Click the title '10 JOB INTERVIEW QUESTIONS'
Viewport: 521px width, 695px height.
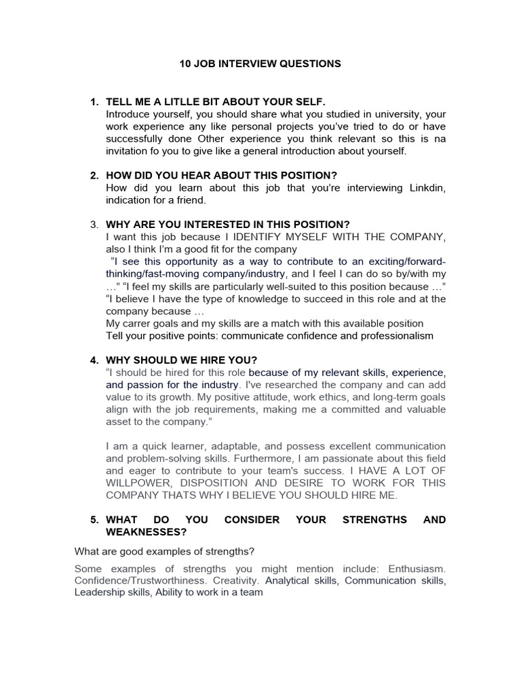click(260, 64)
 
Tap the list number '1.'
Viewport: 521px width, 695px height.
click(94, 102)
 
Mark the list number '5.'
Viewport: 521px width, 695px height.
click(94, 520)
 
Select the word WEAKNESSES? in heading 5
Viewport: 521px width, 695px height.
click(146, 532)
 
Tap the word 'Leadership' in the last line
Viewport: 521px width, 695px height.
click(100, 593)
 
